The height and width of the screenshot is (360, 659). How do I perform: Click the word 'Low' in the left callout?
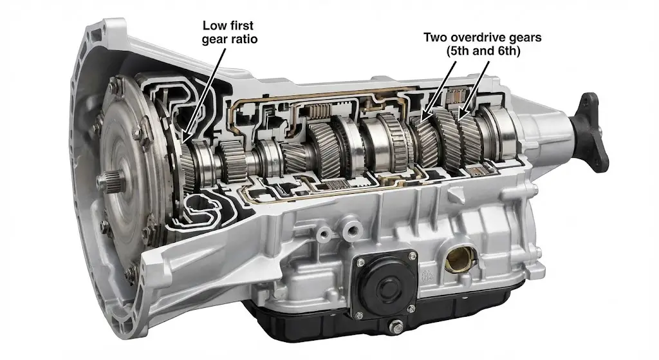point(214,26)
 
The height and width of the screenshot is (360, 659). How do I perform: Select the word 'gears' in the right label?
point(524,37)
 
